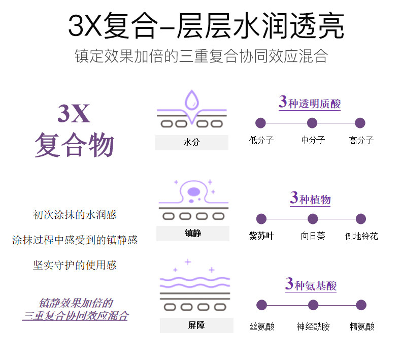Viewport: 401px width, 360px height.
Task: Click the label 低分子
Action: point(261,140)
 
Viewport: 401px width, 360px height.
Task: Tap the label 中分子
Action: point(313,140)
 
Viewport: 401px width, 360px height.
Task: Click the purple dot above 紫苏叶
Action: point(261,219)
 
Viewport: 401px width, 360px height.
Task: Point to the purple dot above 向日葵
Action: point(313,219)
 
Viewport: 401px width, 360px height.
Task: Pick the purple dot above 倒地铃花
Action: point(361,219)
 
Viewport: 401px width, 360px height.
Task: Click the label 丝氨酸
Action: point(262,326)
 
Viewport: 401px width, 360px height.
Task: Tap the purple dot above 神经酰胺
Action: point(313,305)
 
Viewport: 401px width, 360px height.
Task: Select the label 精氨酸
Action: point(362,326)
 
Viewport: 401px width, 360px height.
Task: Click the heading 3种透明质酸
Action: point(310,102)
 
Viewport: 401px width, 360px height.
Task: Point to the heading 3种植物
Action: point(310,198)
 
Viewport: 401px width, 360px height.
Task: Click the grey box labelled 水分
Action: point(191,143)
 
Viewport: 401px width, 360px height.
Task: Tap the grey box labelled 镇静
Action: point(192,234)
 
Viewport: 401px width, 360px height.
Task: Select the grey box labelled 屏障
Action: point(196,325)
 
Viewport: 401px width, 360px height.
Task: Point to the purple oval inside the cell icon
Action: point(194,192)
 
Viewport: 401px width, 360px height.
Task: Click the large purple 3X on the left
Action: point(74,114)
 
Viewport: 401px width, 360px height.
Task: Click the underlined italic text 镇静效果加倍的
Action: point(75,304)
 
